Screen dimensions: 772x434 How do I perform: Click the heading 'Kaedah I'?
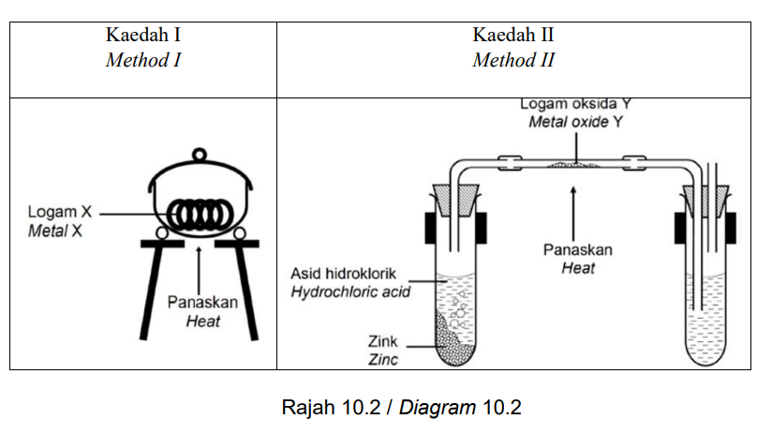pyautogui.click(x=143, y=35)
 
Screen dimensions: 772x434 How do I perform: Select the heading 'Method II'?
pyautogui.click(x=513, y=60)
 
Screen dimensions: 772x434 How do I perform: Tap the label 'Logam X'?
pyautogui.click(x=60, y=212)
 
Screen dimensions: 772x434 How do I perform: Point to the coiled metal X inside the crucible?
pyautogui.click(x=200, y=215)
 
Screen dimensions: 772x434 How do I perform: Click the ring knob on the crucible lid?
pyautogui.click(x=199, y=155)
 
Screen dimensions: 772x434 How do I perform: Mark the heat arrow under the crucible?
pyautogui.click(x=199, y=270)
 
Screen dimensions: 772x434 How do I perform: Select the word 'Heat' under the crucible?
pyautogui.click(x=203, y=322)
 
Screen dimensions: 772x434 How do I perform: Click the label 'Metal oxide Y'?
pyautogui.click(x=575, y=122)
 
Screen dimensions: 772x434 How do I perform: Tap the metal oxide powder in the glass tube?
pyautogui.click(x=573, y=165)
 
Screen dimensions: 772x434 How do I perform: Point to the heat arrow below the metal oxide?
pyautogui.click(x=573, y=214)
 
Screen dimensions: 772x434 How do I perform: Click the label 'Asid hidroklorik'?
pyautogui.click(x=343, y=274)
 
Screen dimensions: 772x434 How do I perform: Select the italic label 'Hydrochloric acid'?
pyautogui.click(x=350, y=292)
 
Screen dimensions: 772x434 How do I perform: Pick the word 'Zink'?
pyautogui.click(x=382, y=341)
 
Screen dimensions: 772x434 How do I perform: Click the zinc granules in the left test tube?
pyautogui.click(x=451, y=343)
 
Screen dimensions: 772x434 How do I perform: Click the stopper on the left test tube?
pyautogui.click(x=456, y=201)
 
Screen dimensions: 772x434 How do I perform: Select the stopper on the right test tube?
pyautogui.click(x=706, y=201)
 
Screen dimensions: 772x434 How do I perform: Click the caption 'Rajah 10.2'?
pyautogui.click(x=331, y=408)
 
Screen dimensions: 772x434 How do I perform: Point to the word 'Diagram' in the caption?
pyautogui.click(x=438, y=408)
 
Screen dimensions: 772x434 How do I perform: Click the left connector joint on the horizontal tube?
pyautogui.click(x=510, y=163)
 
